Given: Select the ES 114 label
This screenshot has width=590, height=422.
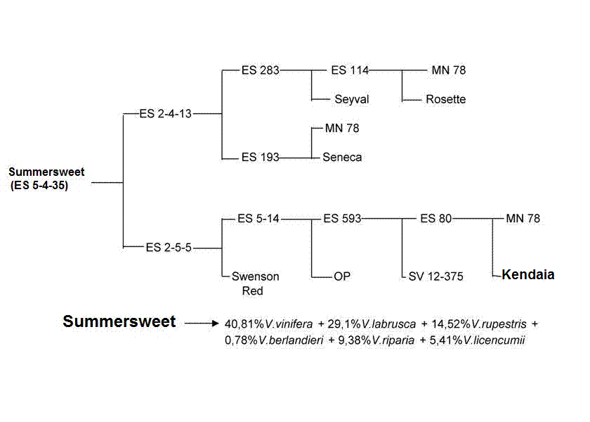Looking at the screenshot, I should pos(349,70).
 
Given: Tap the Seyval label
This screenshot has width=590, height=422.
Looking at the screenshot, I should pos(351,100).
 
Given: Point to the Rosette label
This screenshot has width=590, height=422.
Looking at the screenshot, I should pos(445,100).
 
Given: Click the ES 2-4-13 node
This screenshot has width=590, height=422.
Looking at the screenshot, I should pos(165,114).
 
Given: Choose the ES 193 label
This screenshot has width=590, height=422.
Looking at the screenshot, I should pos(259,158).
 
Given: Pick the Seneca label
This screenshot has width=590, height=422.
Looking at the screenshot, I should pos(342,158).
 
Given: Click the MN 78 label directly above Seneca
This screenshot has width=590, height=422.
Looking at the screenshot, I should pos(342,129).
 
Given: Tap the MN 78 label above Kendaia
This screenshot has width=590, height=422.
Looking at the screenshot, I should pos(523,219).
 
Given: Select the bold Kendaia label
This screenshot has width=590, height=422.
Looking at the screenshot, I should pos(528,275).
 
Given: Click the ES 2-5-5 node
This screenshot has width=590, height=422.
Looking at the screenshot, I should pos(169,248).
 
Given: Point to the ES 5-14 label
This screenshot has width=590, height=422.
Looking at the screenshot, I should pos(258,219).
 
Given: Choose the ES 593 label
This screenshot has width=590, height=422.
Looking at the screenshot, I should pos(342,219).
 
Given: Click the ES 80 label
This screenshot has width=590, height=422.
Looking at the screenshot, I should pos(435,219).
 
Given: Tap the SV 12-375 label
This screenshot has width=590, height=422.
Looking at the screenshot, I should pos(435,276).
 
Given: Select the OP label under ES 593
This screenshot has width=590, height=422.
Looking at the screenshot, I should pos(341,276).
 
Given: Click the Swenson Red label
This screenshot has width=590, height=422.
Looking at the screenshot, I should pos(255,283).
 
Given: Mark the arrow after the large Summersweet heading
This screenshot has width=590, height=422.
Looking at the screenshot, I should pos(202,324).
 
